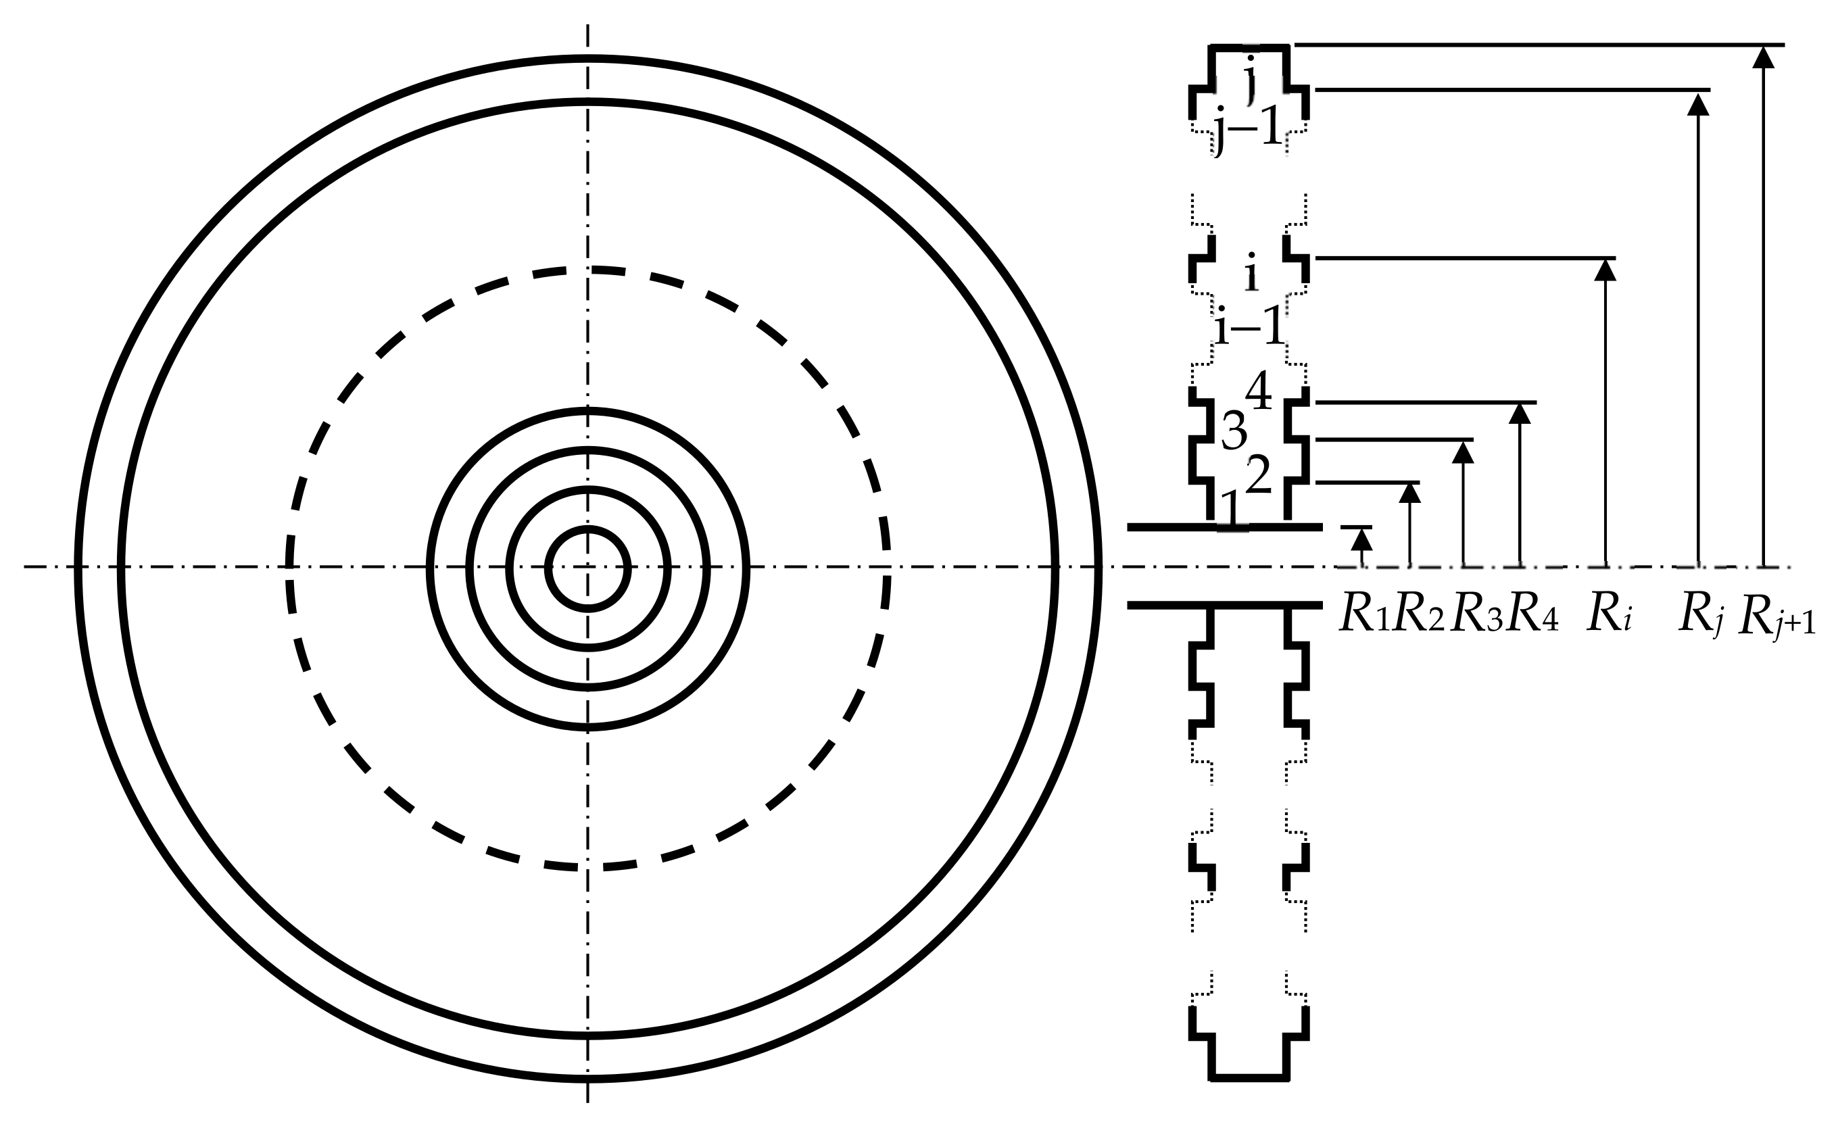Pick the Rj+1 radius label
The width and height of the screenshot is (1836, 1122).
tap(1776, 618)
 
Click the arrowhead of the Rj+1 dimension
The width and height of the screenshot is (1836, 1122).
tap(1763, 57)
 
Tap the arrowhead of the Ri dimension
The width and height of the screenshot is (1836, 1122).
tap(1605, 270)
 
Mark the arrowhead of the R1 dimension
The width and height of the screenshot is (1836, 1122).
tap(1361, 539)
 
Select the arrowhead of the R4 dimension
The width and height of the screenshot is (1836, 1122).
tap(1520, 414)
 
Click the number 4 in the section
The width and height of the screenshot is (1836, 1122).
tap(1259, 391)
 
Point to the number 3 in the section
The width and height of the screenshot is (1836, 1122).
tap(1234, 431)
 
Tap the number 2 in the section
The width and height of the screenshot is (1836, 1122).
tap(1259, 474)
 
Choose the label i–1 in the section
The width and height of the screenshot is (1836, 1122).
tap(1250, 326)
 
